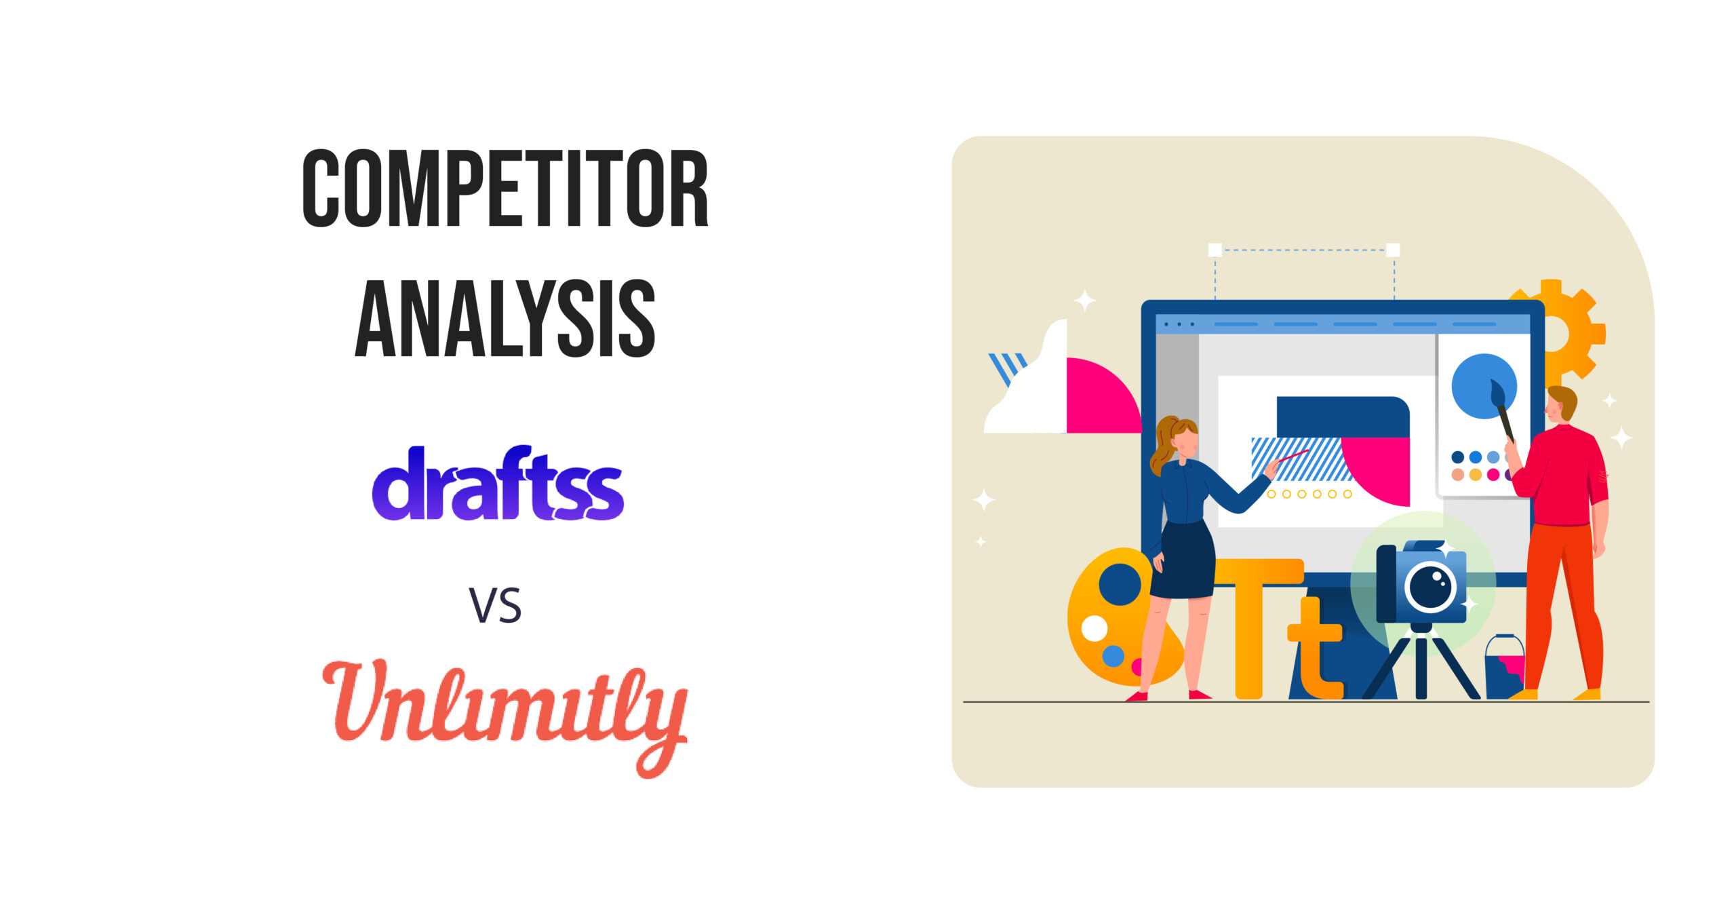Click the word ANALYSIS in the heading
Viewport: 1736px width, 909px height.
pos(505,318)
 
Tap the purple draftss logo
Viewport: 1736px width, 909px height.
pos(498,483)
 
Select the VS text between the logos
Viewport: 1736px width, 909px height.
pos(496,606)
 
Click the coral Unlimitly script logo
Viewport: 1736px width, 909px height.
pos(505,717)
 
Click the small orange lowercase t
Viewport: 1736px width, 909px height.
pos(1316,648)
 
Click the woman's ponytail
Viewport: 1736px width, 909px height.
pos(1162,444)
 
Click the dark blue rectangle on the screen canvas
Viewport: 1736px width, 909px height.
pos(1343,417)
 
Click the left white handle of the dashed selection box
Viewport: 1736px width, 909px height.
pos(1215,250)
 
